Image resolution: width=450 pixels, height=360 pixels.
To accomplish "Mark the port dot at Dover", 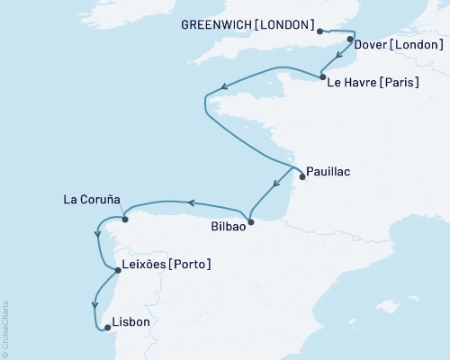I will tap(350, 40).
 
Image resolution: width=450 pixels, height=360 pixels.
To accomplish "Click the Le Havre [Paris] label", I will tap(378, 83).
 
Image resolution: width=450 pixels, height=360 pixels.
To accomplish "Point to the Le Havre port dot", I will tap(322, 78).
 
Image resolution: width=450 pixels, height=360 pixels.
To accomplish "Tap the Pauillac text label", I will tap(329, 169).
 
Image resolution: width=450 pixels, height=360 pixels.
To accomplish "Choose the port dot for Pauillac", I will tap(301, 176).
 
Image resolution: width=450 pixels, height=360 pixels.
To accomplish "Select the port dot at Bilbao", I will tap(251, 221).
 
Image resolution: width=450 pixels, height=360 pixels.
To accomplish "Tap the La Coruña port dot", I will tap(125, 219).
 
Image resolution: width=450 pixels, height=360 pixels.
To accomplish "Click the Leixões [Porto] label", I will tap(166, 265).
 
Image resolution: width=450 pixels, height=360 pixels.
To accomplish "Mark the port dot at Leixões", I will tap(118, 269).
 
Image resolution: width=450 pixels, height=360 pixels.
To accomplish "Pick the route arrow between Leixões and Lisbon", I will tap(94, 304).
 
